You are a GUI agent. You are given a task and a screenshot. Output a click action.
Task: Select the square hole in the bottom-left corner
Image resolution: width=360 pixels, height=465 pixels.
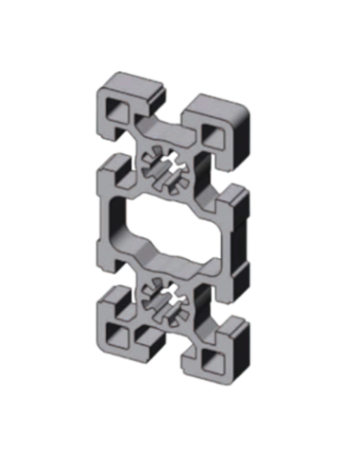click(119, 333)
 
